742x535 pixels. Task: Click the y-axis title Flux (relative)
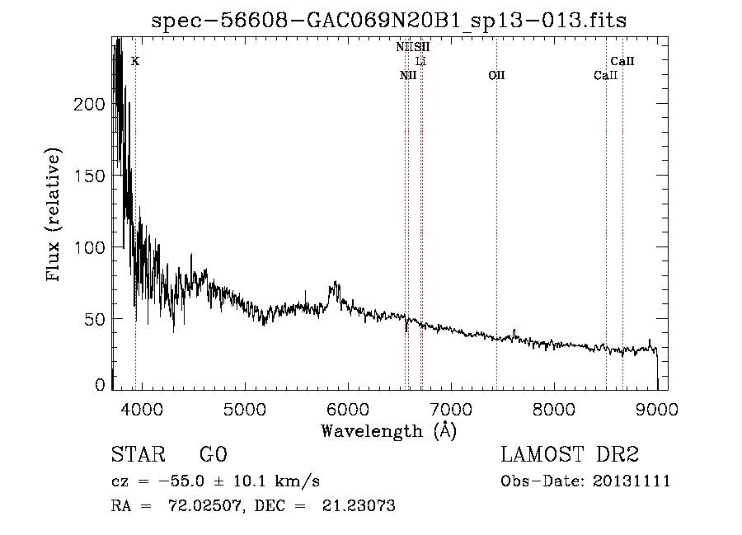[55, 216]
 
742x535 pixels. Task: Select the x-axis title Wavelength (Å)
[388, 430]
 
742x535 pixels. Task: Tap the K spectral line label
[135, 61]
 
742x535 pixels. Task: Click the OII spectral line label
[496, 76]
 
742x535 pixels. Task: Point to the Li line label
[420, 61]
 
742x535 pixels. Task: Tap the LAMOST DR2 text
[570, 455]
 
